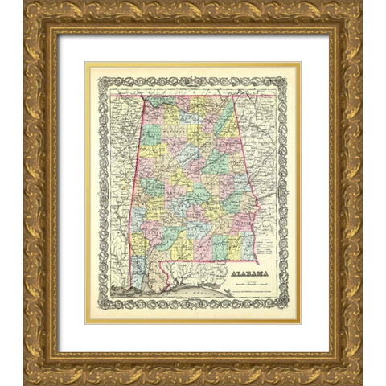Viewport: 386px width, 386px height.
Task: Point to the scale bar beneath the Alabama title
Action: [252, 286]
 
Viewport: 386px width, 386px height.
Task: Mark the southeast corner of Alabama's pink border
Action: [257, 261]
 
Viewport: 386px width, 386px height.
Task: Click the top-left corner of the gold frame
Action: [25, 2]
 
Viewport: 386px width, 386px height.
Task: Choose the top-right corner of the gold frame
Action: [361, 2]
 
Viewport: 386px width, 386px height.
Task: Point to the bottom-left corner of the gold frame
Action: [25, 384]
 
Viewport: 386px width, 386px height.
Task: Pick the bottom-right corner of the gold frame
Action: [361, 384]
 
